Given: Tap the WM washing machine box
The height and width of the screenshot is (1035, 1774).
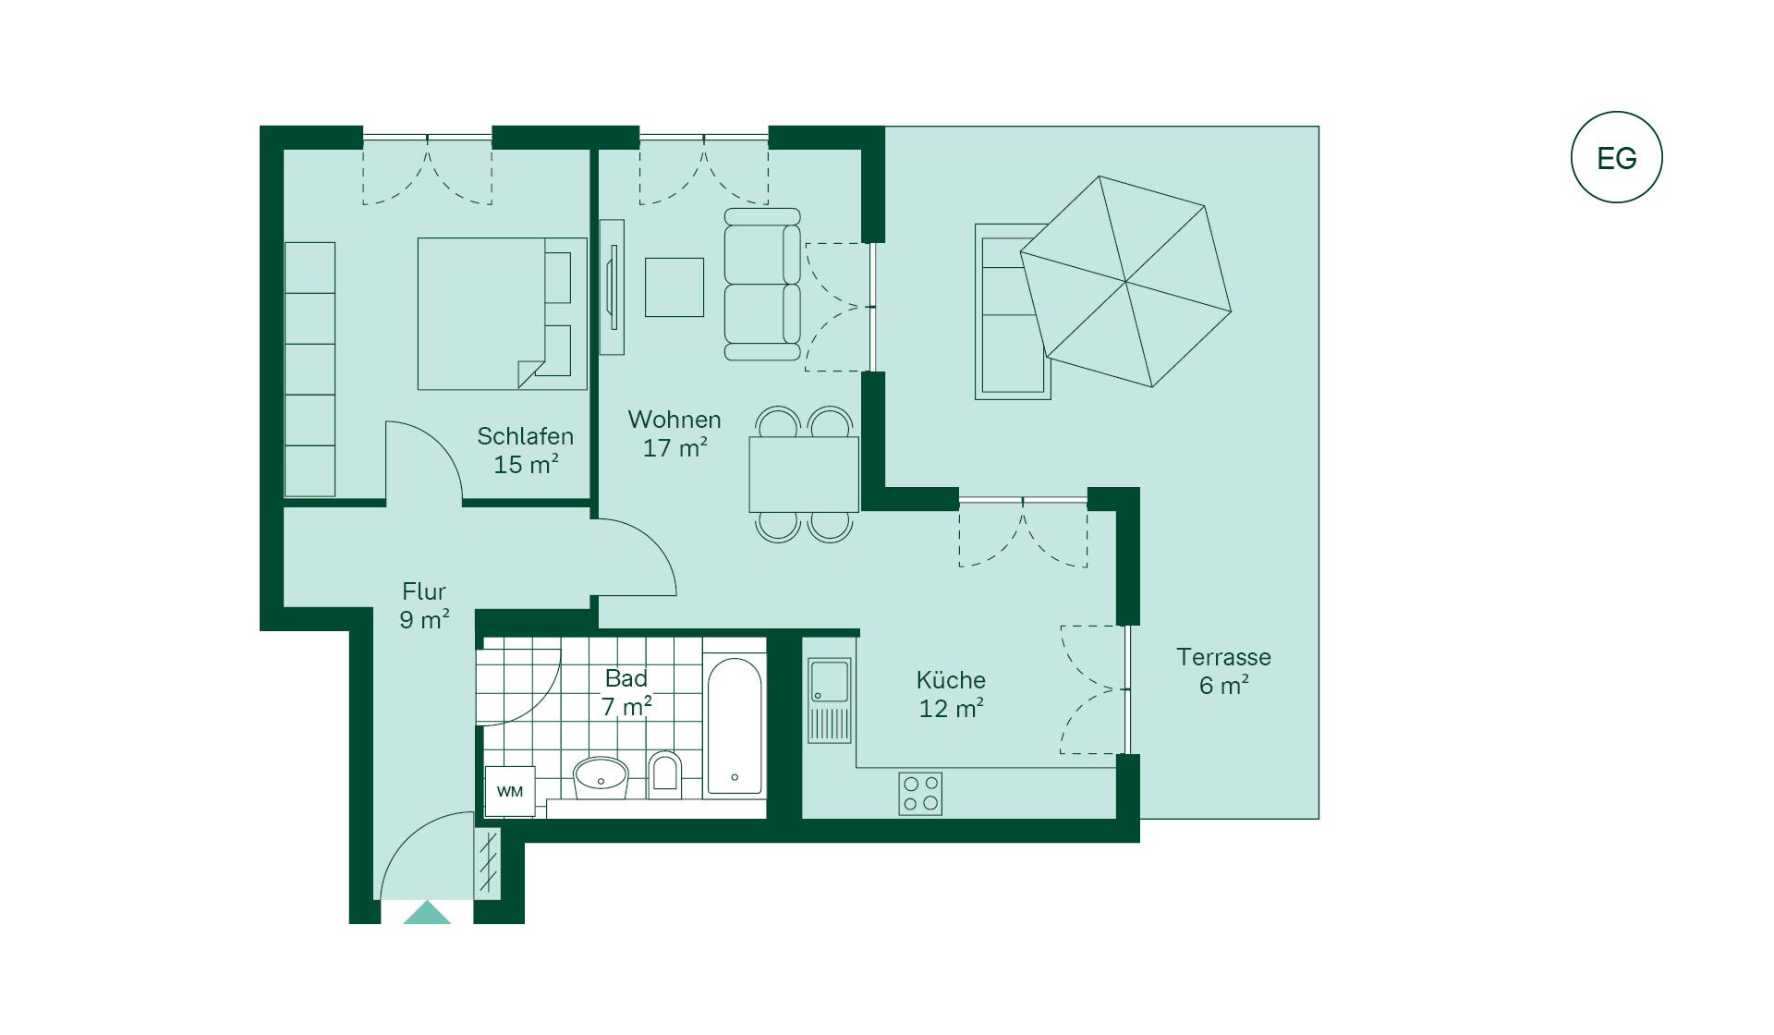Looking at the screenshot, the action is pyautogui.click(x=510, y=792).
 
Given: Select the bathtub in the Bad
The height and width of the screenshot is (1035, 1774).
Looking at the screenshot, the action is pyautogui.click(x=735, y=726).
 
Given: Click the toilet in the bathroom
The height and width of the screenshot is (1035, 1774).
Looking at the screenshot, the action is pyautogui.click(x=664, y=774).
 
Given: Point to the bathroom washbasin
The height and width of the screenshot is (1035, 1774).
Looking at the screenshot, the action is pyautogui.click(x=601, y=778).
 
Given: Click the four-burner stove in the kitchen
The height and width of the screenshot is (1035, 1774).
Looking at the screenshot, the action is pyautogui.click(x=920, y=794).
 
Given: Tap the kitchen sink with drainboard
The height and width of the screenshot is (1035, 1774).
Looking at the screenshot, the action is pyautogui.click(x=829, y=700).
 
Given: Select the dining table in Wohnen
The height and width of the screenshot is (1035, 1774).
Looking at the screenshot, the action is pyautogui.click(x=804, y=474).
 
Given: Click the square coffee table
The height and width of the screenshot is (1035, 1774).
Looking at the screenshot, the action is pyautogui.click(x=674, y=287).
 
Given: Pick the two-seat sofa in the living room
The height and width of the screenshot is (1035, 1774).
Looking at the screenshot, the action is pyautogui.click(x=762, y=284).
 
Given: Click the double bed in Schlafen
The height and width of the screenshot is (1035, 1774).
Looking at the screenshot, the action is pyautogui.click(x=502, y=313).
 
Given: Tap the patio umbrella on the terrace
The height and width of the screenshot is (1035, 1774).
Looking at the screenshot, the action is pyautogui.click(x=1125, y=281).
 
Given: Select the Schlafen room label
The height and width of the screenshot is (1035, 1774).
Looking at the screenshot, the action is pyautogui.click(x=525, y=436).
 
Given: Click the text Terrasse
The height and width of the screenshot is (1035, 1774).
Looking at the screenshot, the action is pyautogui.click(x=1223, y=657).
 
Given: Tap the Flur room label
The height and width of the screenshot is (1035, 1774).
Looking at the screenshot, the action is pyautogui.click(x=424, y=591).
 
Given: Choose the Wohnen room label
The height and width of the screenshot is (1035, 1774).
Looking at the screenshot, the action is pyautogui.click(x=674, y=420).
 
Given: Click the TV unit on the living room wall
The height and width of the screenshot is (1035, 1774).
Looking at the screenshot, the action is pyautogui.click(x=612, y=286).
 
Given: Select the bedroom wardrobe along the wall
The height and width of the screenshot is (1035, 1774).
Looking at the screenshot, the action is pyautogui.click(x=310, y=370).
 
